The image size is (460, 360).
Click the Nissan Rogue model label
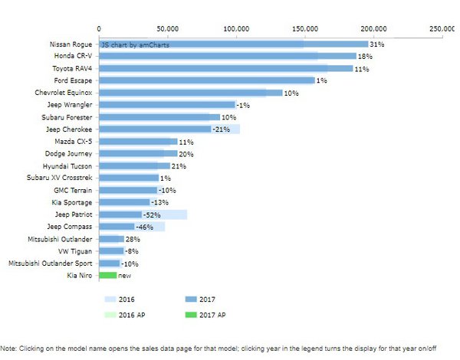[x=71, y=44]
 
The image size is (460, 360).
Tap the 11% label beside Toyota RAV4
[x=361, y=68]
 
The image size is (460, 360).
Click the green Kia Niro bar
[x=107, y=275]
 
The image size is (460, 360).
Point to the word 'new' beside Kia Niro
[x=124, y=275]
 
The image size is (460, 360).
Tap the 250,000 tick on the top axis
[x=443, y=28]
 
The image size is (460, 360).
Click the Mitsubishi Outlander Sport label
[x=50, y=263]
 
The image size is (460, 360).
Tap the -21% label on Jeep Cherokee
[x=221, y=129]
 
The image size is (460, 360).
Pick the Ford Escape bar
[x=207, y=80]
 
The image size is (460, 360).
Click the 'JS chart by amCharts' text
[x=136, y=44]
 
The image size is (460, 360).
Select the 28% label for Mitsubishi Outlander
[x=131, y=239]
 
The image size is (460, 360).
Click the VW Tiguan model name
[x=75, y=250]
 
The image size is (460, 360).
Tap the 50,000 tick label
[x=169, y=28]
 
